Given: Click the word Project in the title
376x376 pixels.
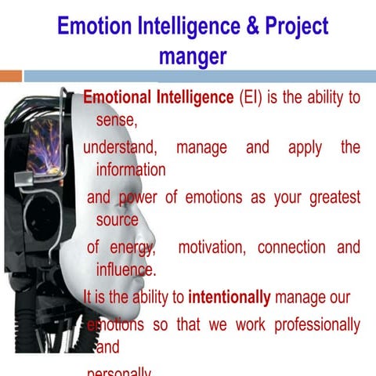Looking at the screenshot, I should (295, 27).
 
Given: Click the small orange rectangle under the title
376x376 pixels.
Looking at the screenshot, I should (11, 76).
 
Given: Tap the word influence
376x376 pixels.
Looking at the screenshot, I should (125, 270).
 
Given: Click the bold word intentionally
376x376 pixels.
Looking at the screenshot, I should (230, 297).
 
